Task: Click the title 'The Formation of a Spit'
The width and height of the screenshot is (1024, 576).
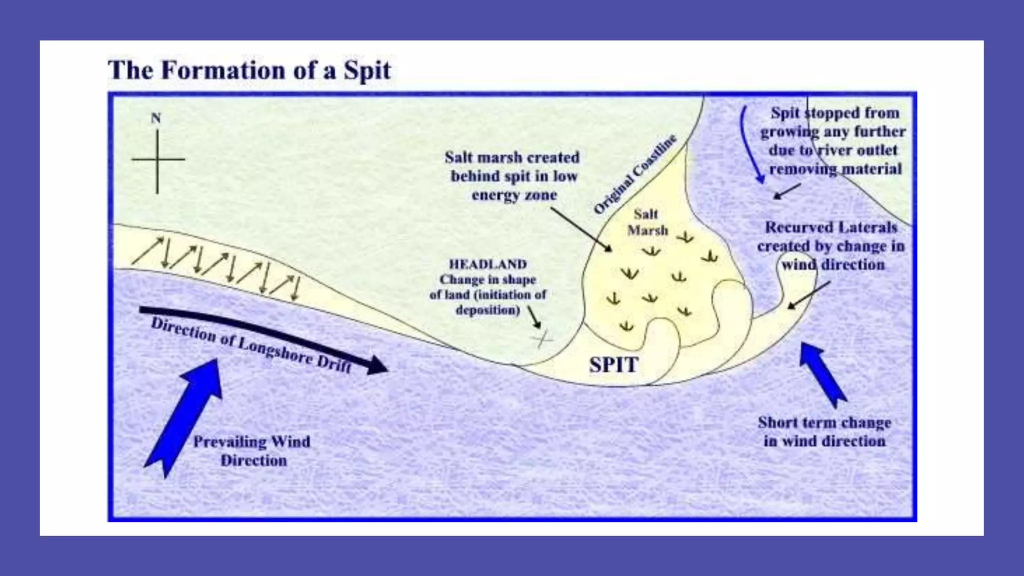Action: coord(249,70)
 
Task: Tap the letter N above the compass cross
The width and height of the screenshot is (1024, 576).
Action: coord(156,118)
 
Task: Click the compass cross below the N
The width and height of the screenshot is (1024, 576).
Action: coord(157,160)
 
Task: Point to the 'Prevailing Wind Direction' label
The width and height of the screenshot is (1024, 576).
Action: coord(252,450)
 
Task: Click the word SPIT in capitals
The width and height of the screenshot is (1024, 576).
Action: coord(613,365)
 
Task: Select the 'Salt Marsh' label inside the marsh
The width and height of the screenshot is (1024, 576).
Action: coord(647,222)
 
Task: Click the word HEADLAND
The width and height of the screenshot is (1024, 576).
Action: coord(487,264)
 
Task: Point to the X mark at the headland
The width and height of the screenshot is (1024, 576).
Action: coord(542,339)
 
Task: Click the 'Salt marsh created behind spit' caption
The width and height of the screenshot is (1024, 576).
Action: coord(513,176)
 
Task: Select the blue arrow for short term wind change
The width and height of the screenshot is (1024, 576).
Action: coord(822,372)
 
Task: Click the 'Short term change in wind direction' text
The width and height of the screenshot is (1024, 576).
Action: coord(824,431)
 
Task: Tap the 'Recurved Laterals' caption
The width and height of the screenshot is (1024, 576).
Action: coord(831,246)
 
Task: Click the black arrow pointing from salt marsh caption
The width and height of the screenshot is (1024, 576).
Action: coord(581,229)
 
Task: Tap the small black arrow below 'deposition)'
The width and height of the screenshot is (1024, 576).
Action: coord(534,317)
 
